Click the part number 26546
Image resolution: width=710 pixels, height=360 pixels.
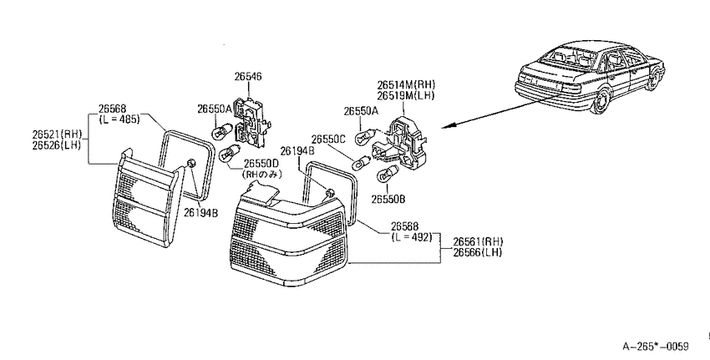click(x=248, y=77)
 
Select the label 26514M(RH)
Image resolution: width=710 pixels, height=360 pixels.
click(x=406, y=84)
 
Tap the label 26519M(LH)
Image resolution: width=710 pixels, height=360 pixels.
click(x=406, y=95)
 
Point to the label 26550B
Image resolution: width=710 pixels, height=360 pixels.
click(x=388, y=199)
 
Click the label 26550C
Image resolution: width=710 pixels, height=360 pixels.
click(x=328, y=139)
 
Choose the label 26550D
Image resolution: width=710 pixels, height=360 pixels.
click(x=261, y=163)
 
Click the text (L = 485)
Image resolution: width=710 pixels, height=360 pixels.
click(x=119, y=119)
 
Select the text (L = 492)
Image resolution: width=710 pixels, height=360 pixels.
click(x=412, y=237)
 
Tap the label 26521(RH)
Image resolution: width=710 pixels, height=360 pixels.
click(x=57, y=134)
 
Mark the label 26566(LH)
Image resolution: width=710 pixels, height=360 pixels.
click(x=478, y=252)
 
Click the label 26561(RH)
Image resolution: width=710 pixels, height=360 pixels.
click(x=478, y=241)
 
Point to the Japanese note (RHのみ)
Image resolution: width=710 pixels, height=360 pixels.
click(x=262, y=174)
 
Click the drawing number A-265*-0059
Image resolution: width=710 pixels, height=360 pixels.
click(x=655, y=347)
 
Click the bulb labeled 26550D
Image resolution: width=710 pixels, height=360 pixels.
click(x=228, y=154)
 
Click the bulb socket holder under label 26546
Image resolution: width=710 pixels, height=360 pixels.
click(x=251, y=122)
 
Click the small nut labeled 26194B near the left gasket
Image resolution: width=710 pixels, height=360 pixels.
click(x=191, y=163)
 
